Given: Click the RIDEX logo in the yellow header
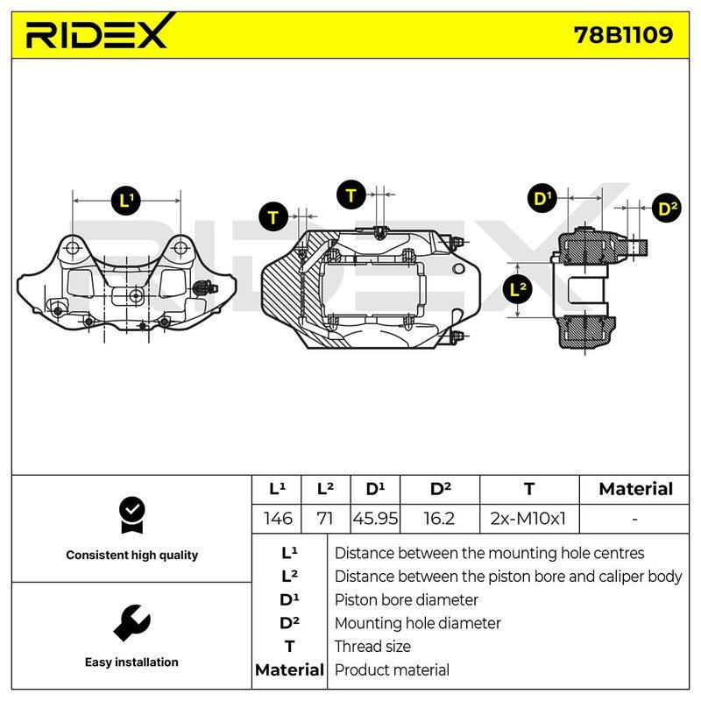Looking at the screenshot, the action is click(x=99, y=32).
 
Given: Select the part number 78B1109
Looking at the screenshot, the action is click(x=623, y=34).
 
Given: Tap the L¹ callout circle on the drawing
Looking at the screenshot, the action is click(x=126, y=200).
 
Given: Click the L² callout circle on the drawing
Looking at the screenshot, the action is click(x=518, y=290).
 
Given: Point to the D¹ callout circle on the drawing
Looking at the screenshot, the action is click(x=542, y=198).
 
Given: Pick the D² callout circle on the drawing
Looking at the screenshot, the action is click(x=667, y=208).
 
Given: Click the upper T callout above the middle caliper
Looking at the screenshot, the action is click(x=351, y=195).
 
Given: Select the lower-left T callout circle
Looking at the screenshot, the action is click(x=273, y=216).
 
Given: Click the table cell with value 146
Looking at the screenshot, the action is click(x=277, y=519).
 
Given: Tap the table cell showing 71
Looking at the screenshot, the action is click(x=325, y=519).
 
